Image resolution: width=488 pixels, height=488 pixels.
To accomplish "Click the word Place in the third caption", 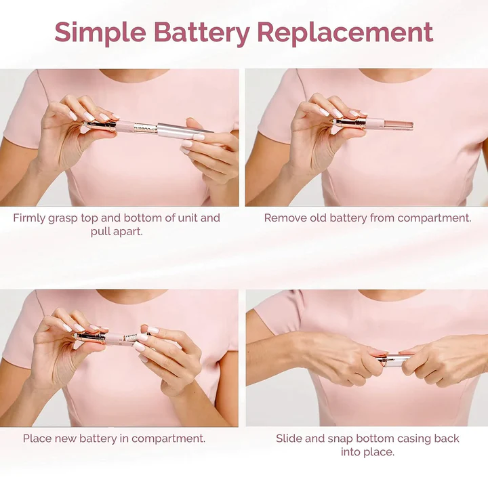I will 37,439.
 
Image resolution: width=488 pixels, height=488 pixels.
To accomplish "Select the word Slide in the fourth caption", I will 289,439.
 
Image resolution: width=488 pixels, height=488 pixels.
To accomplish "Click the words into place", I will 368,452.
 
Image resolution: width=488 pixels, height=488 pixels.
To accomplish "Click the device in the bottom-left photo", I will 119,338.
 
